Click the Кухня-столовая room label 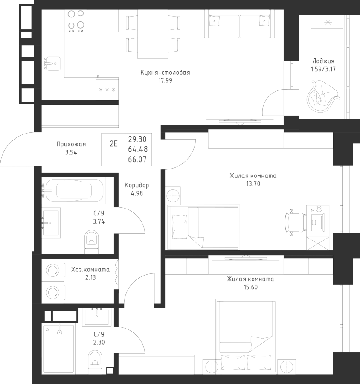165,73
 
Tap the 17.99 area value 165,80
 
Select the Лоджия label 323,61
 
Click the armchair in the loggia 322,96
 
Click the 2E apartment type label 113,143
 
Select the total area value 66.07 137,160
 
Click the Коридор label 136,186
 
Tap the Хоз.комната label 90,270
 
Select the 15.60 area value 250,287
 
